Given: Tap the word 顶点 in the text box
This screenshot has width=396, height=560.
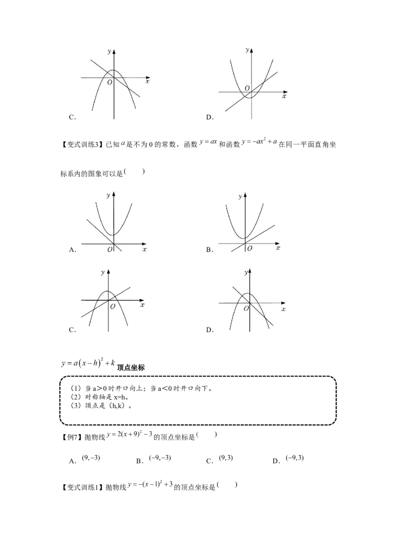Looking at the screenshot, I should pyautogui.click(x=92, y=406).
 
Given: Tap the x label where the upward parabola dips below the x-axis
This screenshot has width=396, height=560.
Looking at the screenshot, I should pyautogui.click(x=284, y=96).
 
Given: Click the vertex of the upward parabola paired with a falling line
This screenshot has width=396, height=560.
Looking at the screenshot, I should pyautogui.click(x=113, y=235).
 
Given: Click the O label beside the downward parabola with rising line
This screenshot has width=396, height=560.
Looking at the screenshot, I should pyautogui.click(x=113, y=307).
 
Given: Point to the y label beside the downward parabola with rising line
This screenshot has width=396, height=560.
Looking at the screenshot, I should pyautogui.click(x=102, y=272).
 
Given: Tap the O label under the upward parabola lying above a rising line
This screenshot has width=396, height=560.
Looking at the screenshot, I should pyautogui.click(x=250, y=248).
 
